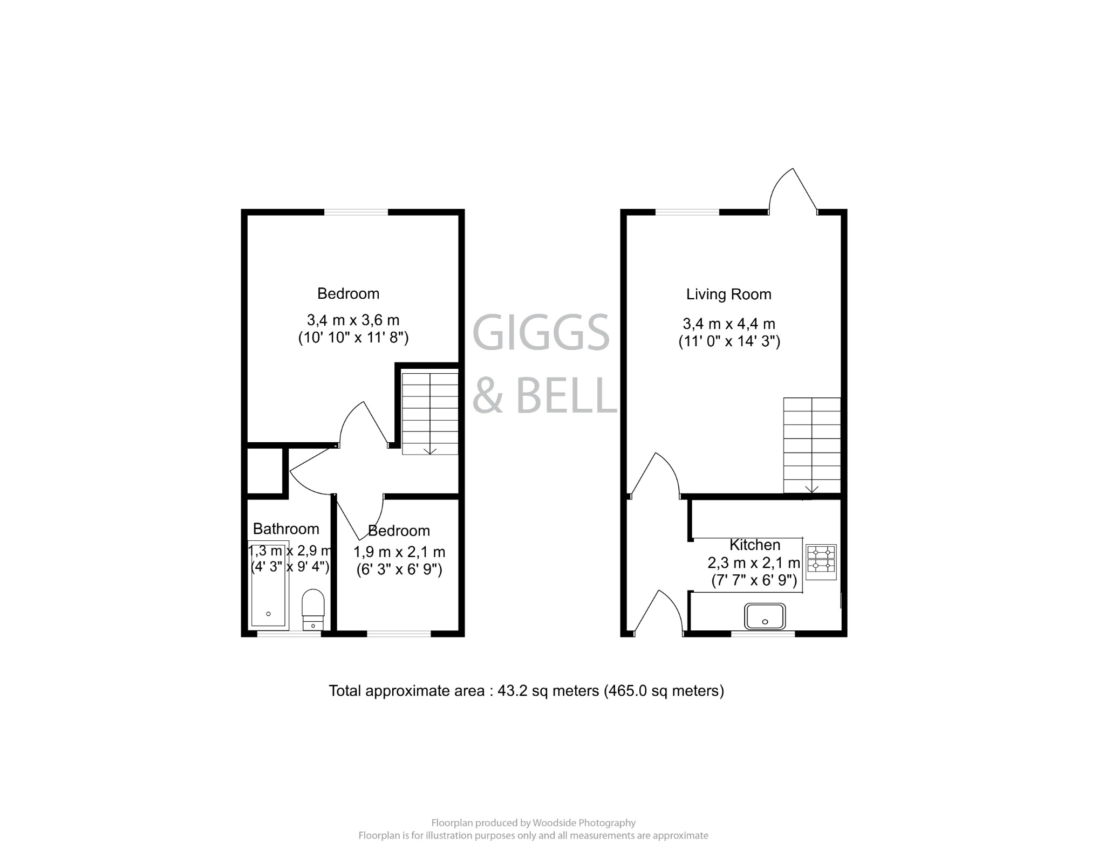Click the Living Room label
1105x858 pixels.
(x=728, y=294)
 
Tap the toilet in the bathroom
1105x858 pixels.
(x=312, y=609)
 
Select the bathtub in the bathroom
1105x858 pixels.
(x=268, y=584)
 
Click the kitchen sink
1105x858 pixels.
(x=765, y=616)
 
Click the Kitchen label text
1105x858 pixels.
(x=754, y=545)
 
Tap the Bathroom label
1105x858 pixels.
(x=286, y=529)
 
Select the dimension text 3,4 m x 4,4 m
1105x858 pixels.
(x=728, y=324)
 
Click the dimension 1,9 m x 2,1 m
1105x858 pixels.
(x=399, y=552)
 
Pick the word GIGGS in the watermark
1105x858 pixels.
(x=541, y=333)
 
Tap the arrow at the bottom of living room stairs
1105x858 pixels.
(x=811, y=489)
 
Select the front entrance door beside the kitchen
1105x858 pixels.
(x=658, y=613)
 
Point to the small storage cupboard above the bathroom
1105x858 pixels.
(x=265, y=470)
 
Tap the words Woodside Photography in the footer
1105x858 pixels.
(x=584, y=823)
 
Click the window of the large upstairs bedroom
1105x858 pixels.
(x=356, y=212)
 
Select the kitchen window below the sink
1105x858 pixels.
(x=762, y=634)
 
